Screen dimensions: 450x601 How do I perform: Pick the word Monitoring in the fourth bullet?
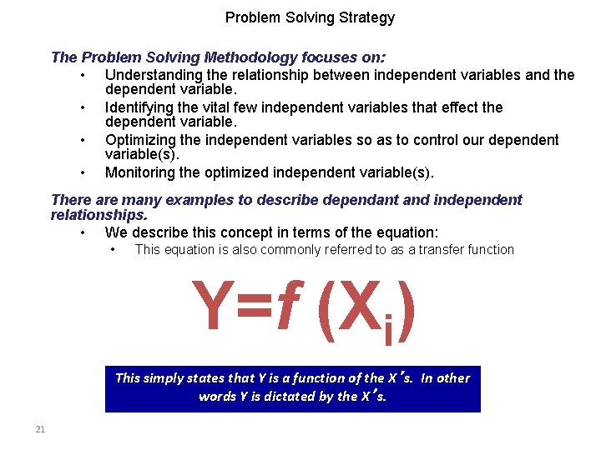click(139, 172)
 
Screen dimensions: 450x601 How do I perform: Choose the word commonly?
click(289, 249)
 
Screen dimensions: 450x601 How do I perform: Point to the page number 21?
click(39, 429)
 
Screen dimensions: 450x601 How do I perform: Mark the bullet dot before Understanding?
click(83, 76)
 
